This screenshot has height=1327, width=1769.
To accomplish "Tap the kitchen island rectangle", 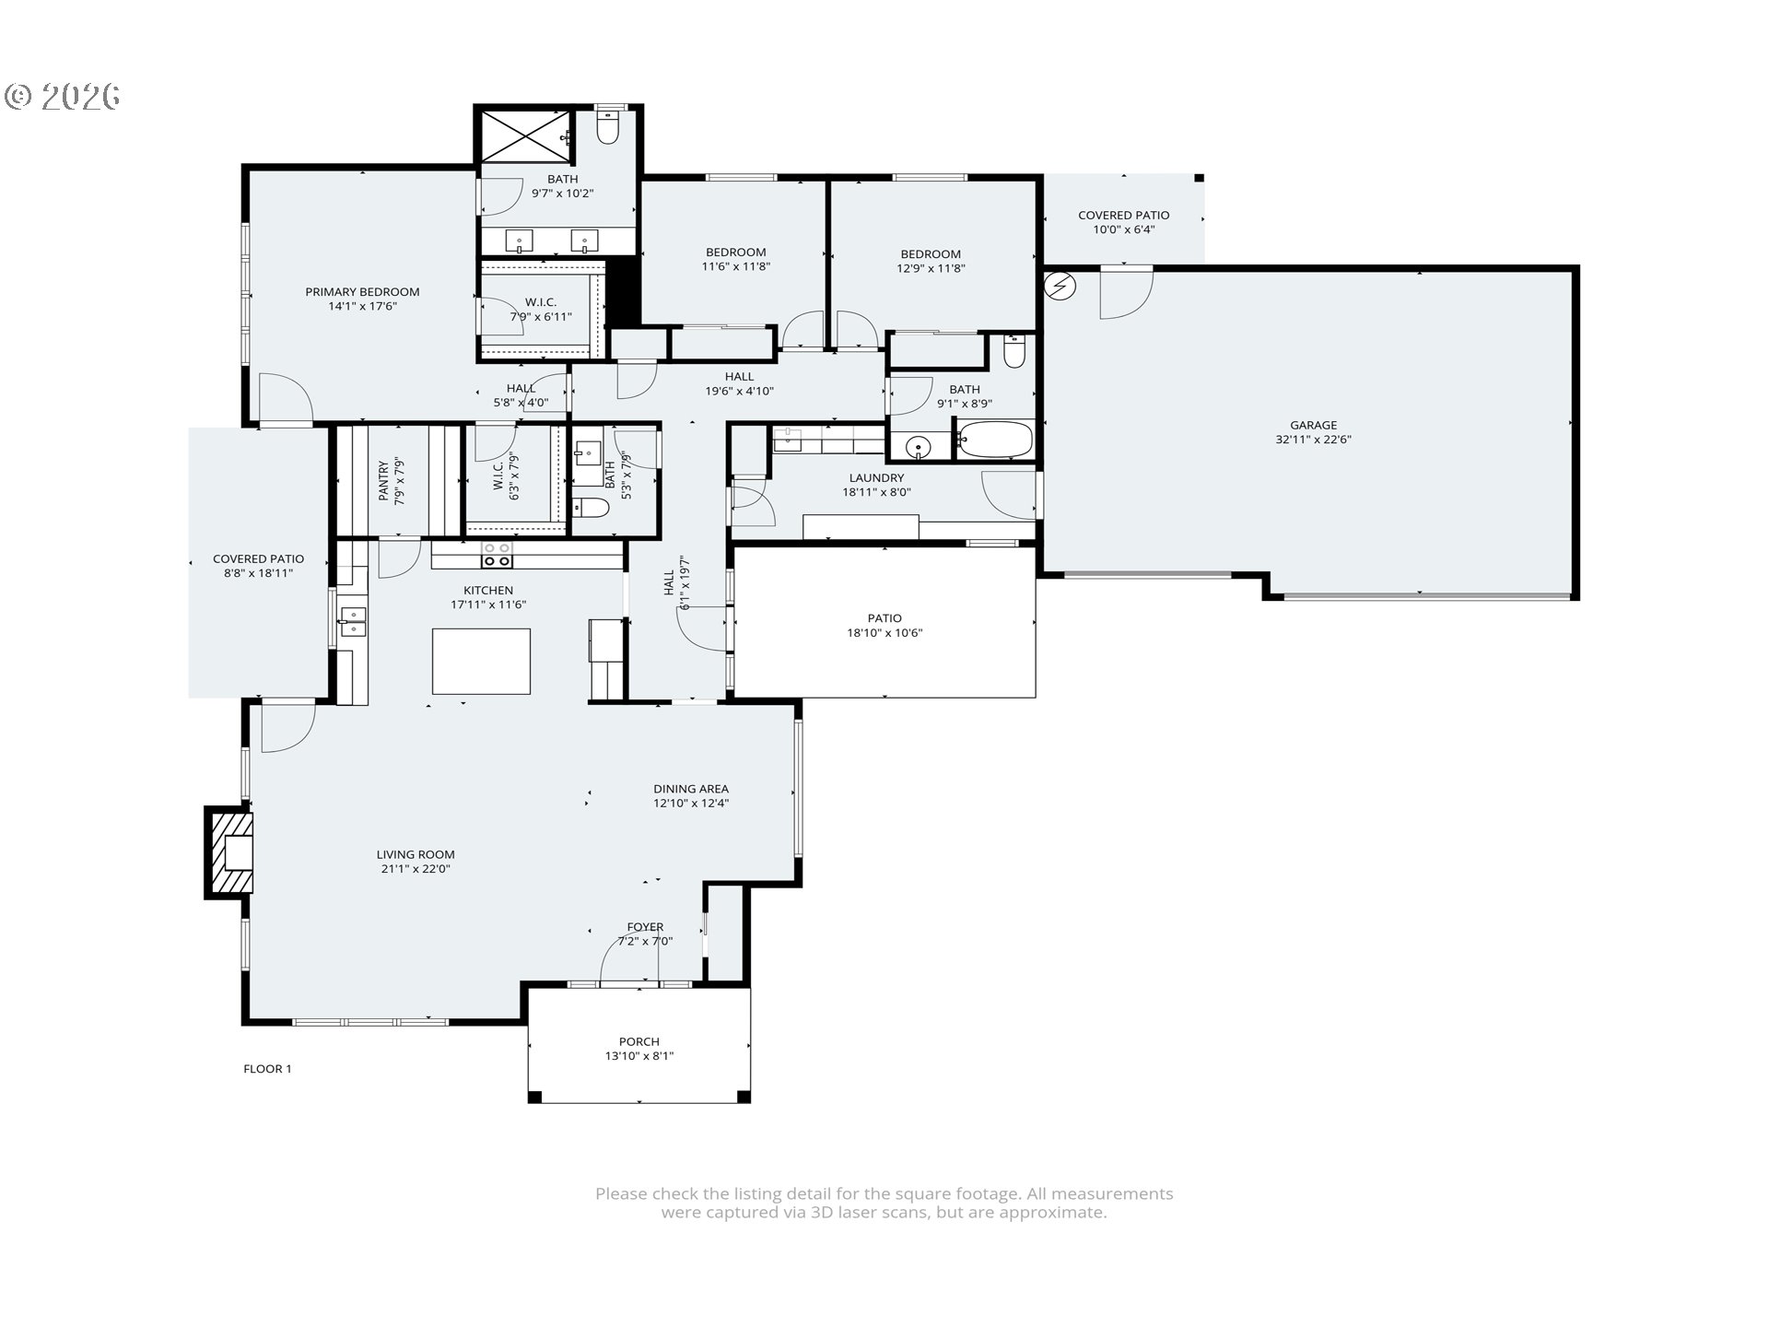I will (481, 661).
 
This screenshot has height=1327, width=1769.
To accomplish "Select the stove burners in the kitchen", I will (498, 555).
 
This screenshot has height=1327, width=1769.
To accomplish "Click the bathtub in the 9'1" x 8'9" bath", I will (994, 440).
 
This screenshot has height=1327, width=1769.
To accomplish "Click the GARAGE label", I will (1313, 425).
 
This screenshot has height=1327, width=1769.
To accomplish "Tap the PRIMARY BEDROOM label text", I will (362, 291).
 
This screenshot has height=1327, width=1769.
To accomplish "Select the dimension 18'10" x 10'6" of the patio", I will (884, 633).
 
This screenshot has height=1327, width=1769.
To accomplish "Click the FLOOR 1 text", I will (267, 1069).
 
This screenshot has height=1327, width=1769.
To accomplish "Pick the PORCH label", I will (638, 1041).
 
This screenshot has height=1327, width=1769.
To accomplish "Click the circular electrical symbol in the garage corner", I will (1060, 286).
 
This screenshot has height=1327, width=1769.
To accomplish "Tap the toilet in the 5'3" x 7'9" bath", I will (591, 508).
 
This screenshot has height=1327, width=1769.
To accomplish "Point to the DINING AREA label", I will (691, 789).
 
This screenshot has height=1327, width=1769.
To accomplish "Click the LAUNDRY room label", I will (876, 477).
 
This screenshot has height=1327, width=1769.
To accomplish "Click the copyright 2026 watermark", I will (63, 96).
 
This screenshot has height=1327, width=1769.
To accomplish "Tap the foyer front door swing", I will (629, 958).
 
